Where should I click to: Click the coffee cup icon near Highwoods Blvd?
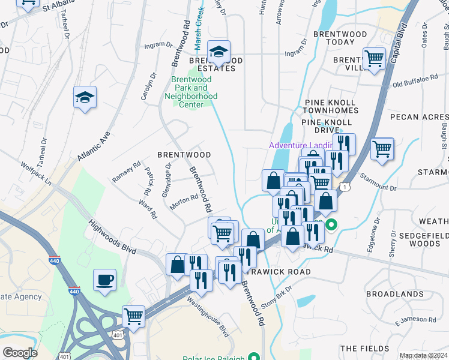(x=105, y=280)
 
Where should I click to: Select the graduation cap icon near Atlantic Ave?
(x=85, y=98)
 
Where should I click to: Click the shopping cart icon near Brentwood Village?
(x=374, y=59)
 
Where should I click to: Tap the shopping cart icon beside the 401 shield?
(x=133, y=316)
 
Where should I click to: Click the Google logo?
(x=20, y=353)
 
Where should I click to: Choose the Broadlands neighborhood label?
(x=394, y=294)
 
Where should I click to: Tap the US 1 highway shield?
(x=345, y=188)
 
